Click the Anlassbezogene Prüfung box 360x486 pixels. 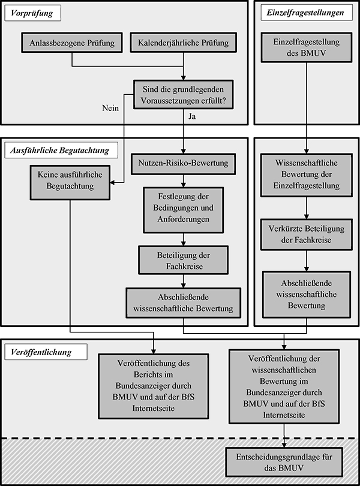(x=71, y=43)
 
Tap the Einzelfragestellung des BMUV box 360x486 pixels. (x=306, y=49)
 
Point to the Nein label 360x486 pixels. (x=112, y=109)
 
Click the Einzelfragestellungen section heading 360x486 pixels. (x=307, y=11)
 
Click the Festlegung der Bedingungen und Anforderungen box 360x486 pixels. (x=183, y=210)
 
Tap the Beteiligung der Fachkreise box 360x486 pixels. (x=182, y=260)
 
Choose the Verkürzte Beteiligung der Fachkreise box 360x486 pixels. (x=306, y=235)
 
